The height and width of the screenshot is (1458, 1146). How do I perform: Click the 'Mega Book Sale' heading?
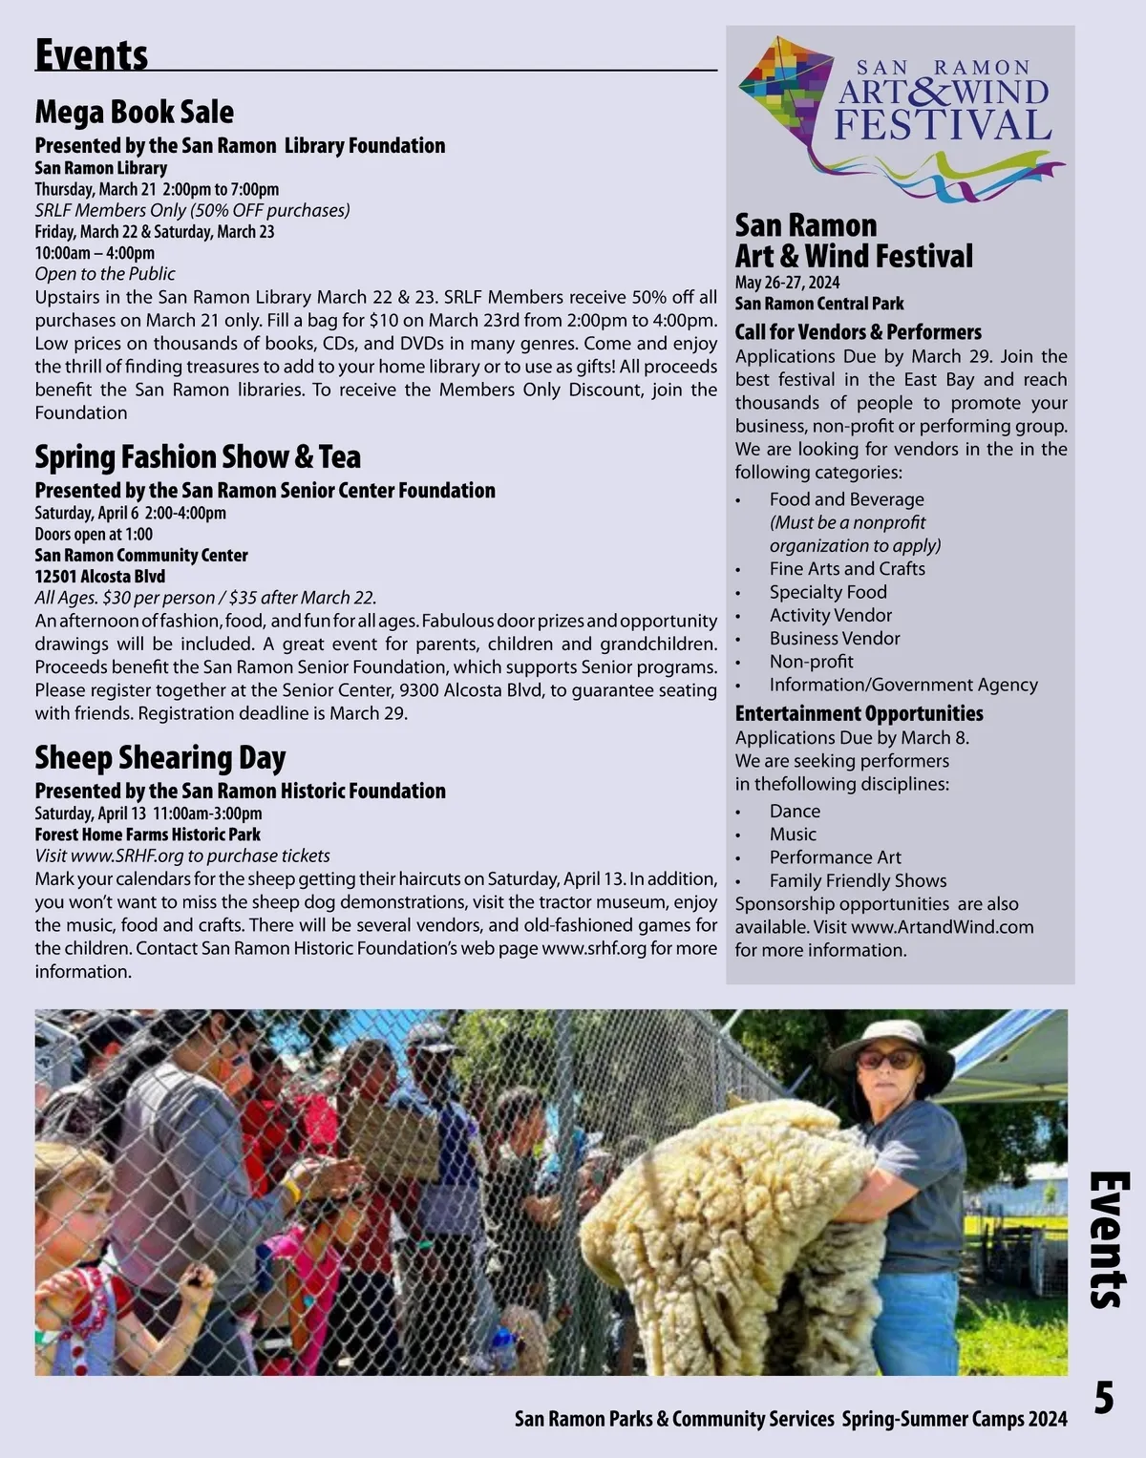click(x=135, y=112)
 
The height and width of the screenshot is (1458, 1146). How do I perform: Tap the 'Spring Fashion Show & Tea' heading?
click(x=198, y=456)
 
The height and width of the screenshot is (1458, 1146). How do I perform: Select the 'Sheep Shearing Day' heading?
click(x=160, y=757)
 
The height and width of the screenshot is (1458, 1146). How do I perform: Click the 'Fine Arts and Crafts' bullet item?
click(x=847, y=568)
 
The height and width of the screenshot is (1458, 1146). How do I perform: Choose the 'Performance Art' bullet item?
click(x=835, y=857)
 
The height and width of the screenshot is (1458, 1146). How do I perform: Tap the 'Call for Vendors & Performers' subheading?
click(x=858, y=332)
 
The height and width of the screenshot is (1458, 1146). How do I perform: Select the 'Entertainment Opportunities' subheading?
click(x=859, y=713)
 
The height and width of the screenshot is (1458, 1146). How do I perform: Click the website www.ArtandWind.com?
click(x=942, y=927)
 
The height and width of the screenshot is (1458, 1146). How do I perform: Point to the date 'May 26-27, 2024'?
click(x=787, y=283)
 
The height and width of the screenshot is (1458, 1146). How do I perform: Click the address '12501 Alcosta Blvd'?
click(x=100, y=576)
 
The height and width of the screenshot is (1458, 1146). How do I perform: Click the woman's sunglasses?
click(x=885, y=1059)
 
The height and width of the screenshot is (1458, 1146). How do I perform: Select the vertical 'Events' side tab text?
click(x=1109, y=1239)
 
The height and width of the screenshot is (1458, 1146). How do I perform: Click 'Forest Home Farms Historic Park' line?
click(x=147, y=834)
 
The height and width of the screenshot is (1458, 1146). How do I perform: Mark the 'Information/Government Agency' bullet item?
click(x=902, y=685)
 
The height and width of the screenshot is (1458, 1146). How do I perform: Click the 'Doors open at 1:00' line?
click(x=94, y=534)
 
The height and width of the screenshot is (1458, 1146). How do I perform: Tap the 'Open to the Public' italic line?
click(x=105, y=274)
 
